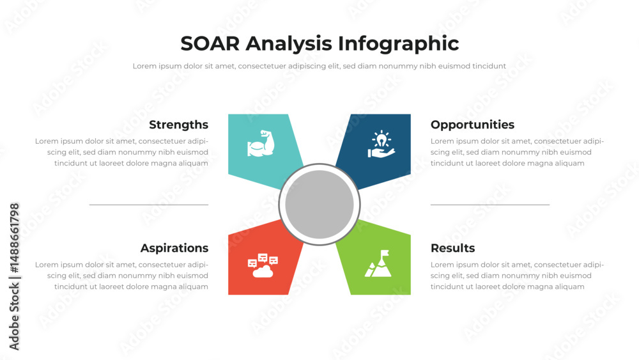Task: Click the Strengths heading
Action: pos(178,125)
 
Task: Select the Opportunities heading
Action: pos(472,125)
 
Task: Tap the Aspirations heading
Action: pos(174,248)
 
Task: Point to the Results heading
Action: pos(452,248)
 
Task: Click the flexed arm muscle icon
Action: pos(261,144)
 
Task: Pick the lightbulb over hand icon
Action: pos(381,145)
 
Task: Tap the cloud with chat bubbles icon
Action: pos(263,265)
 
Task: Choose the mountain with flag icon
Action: pos(379,263)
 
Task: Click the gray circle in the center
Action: pos(319,205)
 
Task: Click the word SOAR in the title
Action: pos(210,43)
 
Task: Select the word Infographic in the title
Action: pos(398,43)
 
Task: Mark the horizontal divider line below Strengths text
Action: pos(149,205)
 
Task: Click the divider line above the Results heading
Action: pos(490,205)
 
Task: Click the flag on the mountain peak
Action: pos(385,254)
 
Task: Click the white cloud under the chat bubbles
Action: pos(263,272)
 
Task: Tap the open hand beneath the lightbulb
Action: pos(381,152)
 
